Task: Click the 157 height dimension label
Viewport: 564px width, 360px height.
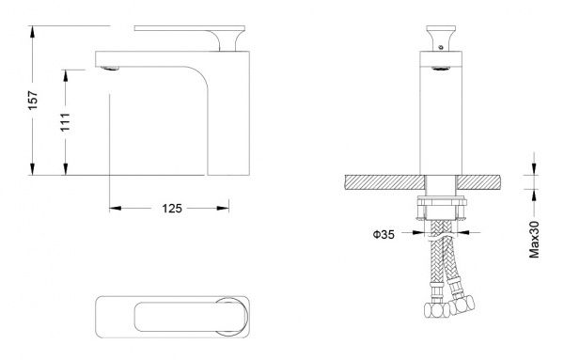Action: point(33,101)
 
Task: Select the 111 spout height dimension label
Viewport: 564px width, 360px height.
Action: point(65,122)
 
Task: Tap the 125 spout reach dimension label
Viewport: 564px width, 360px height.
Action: point(172,209)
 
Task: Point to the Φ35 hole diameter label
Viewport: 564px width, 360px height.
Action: point(384,234)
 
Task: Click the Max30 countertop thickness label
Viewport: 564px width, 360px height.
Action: point(535,239)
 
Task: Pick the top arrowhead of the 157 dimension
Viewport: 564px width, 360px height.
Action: point(32,32)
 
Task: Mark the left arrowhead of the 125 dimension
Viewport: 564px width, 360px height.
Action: point(116,209)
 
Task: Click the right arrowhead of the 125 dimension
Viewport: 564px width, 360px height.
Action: point(223,209)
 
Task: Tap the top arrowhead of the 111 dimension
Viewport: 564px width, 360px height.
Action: point(66,75)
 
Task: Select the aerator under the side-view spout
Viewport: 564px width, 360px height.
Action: point(110,68)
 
